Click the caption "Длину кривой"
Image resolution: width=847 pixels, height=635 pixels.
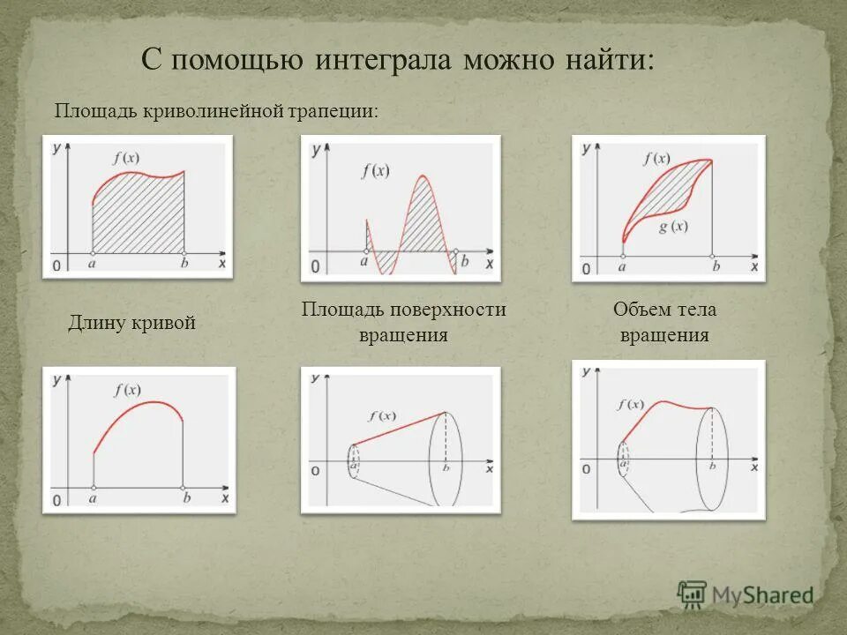(x=131, y=323)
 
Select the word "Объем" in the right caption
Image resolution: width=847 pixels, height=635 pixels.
(x=639, y=310)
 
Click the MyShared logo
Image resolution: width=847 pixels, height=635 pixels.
(x=746, y=594)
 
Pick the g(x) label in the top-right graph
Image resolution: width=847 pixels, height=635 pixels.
(x=672, y=227)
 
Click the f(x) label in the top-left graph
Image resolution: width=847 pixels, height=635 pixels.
(x=127, y=159)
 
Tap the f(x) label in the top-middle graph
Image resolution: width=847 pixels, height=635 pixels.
(x=375, y=172)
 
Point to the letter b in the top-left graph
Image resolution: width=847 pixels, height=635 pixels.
(x=184, y=263)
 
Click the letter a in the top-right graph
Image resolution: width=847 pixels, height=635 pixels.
(x=623, y=265)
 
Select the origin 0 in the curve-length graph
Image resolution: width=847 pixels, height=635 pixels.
(x=56, y=500)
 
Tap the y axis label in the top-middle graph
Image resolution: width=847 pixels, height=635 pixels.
(x=315, y=149)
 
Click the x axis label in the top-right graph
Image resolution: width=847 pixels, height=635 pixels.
(x=753, y=265)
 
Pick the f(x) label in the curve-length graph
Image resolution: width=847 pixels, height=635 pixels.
(x=128, y=389)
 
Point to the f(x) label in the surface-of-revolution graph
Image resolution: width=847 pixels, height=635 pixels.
(x=382, y=416)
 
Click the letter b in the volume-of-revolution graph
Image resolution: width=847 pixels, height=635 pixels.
(x=712, y=463)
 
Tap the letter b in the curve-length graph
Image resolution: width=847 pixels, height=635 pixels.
(x=186, y=497)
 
